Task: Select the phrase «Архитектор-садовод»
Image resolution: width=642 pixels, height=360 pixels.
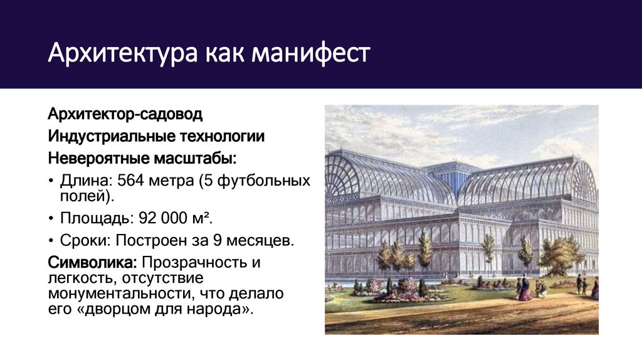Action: click(126, 115)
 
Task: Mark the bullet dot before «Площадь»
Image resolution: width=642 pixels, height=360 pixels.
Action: click(51, 220)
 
